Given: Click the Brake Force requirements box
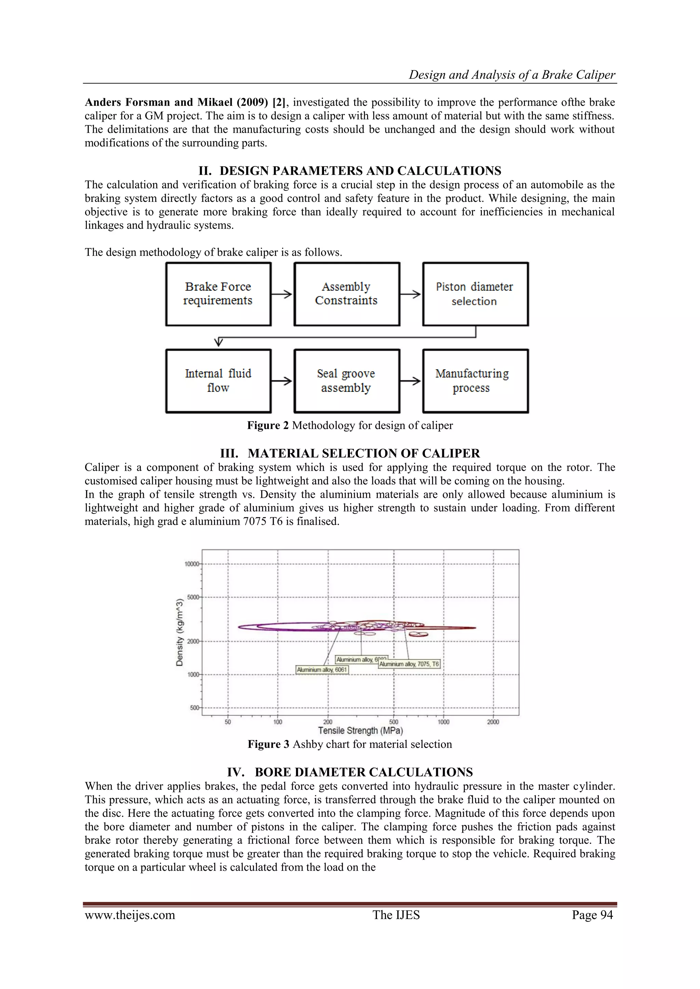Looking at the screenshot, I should click(218, 294).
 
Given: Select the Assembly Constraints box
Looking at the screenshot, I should click(347, 294).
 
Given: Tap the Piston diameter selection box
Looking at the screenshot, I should click(475, 294).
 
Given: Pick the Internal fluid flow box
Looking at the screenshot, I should click(218, 381).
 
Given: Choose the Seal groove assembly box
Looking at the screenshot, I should click(347, 381).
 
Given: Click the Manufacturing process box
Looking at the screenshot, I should click(475, 381).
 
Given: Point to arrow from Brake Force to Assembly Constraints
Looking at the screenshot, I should click(282, 294).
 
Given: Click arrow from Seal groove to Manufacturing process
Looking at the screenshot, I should click(411, 381).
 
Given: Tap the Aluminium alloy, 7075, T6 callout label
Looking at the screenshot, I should click(409, 664).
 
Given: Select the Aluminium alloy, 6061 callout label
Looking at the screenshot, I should click(322, 669).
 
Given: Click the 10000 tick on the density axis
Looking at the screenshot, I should click(192, 564).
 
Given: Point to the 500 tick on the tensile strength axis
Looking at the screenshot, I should click(393, 722).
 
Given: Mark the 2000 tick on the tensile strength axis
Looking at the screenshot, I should click(493, 722).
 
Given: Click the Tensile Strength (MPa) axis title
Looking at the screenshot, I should click(360, 730).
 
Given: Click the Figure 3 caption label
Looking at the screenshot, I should click(268, 744).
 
